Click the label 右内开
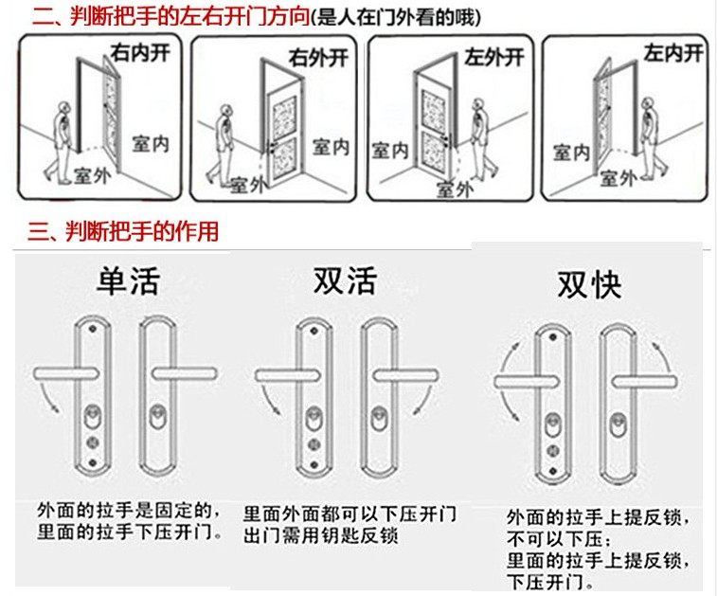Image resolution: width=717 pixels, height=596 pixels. tap(141, 52)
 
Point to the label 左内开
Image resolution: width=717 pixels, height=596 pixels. tap(673, 52)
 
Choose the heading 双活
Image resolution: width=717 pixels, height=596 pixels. tap(345, 281)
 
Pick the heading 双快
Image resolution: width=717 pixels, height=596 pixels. tap(589, 285)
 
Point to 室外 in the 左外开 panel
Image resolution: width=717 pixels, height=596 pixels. tap(453, 189)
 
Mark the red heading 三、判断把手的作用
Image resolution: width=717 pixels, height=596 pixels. tap(123, 231)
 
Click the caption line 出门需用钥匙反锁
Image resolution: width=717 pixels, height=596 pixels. tap(320, 536)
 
